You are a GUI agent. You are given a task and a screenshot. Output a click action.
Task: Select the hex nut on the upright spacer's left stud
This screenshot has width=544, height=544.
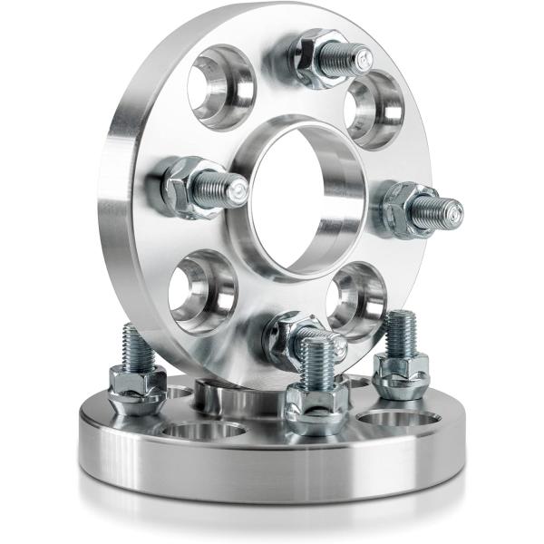[x=184, y=185]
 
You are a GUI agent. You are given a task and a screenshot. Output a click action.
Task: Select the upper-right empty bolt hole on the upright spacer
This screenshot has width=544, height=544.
[x=374, y=110]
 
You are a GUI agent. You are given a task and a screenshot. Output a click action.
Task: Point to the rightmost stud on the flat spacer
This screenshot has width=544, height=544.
[x=400, y=335]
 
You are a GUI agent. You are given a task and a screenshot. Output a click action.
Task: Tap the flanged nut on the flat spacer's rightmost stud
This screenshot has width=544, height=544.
[x=401, y=374]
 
